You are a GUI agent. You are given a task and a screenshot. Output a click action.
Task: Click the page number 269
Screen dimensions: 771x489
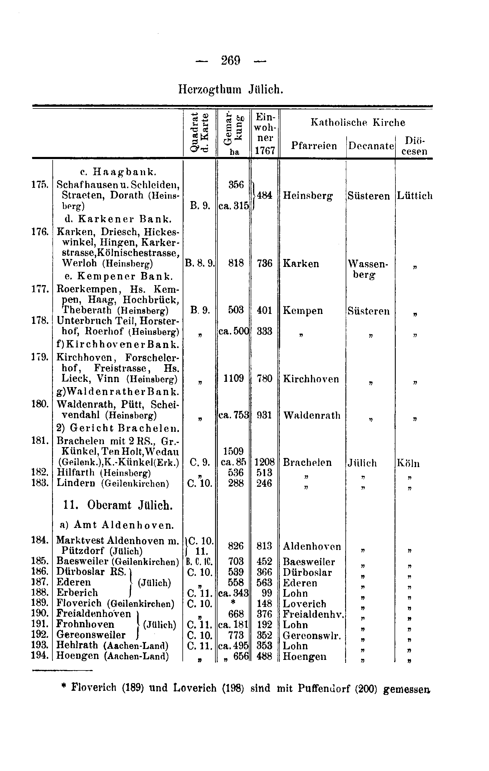point(231,60)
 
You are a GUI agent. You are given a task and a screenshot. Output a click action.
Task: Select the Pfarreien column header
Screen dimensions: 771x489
point(314,146)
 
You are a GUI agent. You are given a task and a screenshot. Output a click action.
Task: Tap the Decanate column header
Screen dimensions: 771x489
point(371,146)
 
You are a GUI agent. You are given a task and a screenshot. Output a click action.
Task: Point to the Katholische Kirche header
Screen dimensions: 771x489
point(357,122)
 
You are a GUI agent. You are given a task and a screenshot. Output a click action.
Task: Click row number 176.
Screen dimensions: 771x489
point(40,232)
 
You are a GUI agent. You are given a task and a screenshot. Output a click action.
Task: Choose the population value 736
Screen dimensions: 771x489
point(265,263)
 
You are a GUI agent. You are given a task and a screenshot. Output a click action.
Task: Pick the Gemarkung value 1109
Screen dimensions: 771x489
point(234,379)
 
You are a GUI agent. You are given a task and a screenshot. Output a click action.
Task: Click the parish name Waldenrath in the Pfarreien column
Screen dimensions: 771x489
point(312,415)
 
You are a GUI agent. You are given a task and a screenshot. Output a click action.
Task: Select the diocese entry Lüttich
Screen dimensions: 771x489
point(415,196)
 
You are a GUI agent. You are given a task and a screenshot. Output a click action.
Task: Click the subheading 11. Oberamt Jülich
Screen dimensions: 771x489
point(118,506)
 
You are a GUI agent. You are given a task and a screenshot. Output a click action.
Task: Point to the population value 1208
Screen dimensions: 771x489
point(265,462)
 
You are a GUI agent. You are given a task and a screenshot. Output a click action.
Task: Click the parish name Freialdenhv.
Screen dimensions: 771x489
point(313,614)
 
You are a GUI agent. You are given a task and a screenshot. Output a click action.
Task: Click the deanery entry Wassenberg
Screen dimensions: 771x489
point(367,269)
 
